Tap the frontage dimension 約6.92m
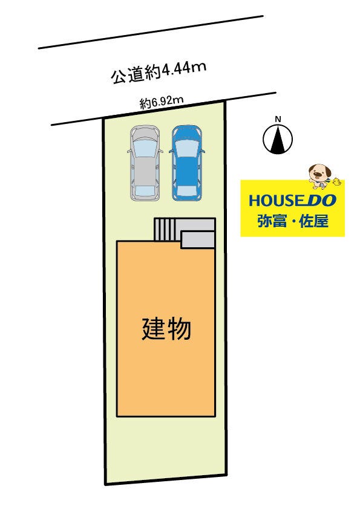pyautogui.click(x=162, y=102)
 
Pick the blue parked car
pyautogui.click(x=187, y=163)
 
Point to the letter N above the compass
pyautogui.click(x=278, y=119)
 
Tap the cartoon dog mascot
pyautogui.click(x=319, y=175)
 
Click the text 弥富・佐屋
pyautogui.click(x=293, y=221)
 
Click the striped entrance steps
pyautogui.click(x=164, y=230)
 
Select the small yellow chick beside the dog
pyautogui.click(x=336, y=181)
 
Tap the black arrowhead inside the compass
pyautogui.click(x=278, y=141)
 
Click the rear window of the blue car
pyautogui.click(x=187, y=190)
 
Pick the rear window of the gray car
pyautogui.click(x=143, y=190)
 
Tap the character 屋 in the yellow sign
pyautogui.click(x=321, y=221)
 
